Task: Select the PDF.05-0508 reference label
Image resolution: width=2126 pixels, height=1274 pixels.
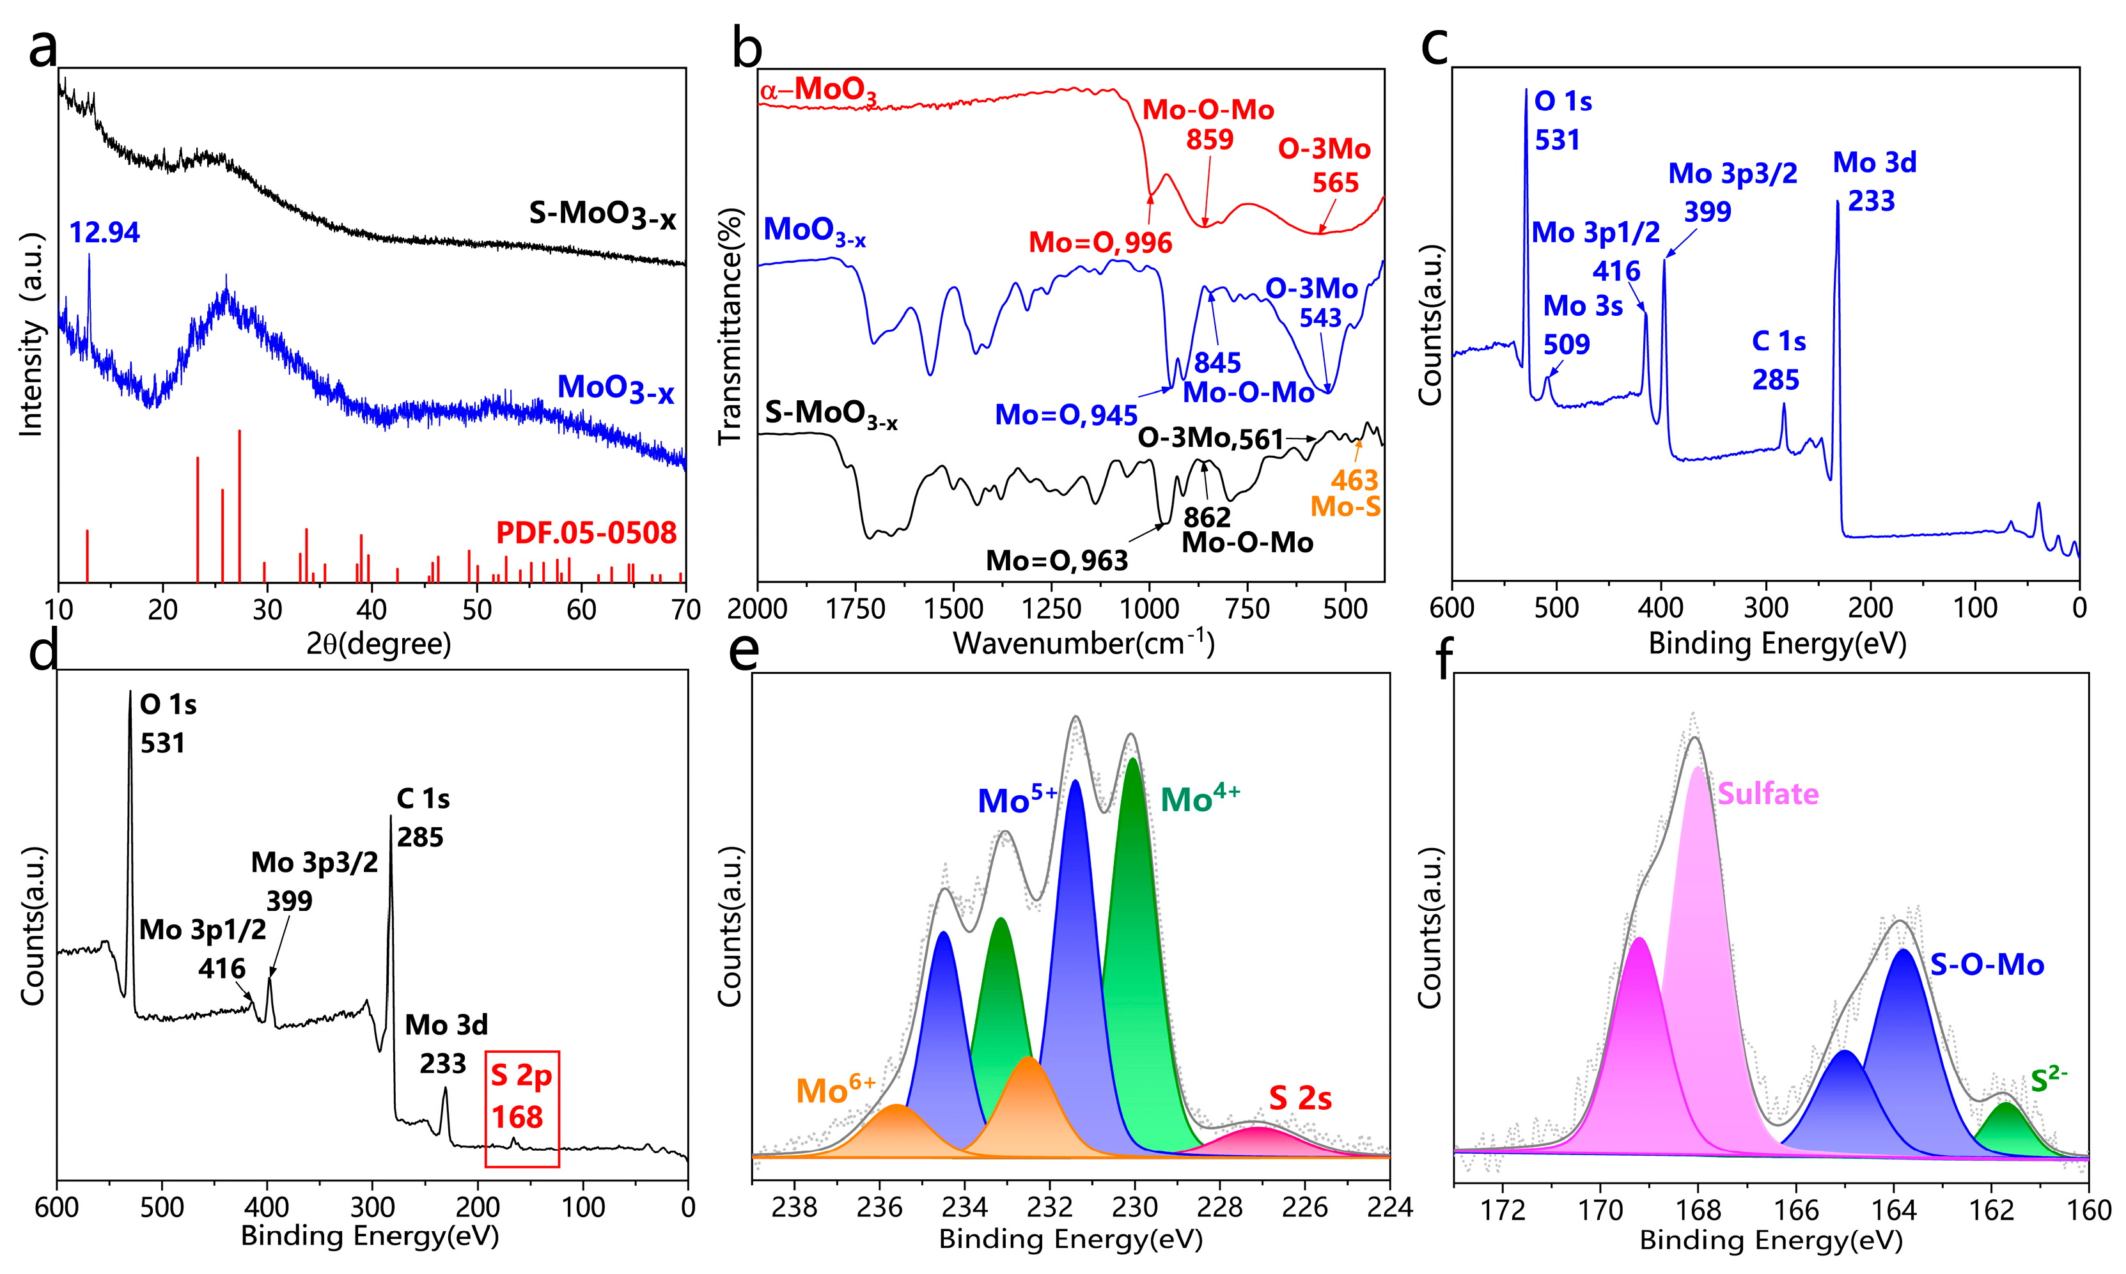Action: [586, 533]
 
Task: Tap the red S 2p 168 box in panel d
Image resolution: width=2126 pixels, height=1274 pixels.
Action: [522, 1108]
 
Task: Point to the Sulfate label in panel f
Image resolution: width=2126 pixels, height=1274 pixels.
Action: [1767, 793]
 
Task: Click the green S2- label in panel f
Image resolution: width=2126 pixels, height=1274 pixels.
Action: [2049, 1079]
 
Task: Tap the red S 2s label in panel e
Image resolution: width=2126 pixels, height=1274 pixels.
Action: [1300, 1098]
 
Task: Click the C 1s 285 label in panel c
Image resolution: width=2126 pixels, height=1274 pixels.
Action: [1778, 361]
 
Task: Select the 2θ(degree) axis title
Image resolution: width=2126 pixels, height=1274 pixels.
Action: [379, 644]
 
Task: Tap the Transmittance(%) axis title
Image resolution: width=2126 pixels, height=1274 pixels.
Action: [730, 325]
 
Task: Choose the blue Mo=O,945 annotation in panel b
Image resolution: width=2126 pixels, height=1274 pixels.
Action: [1066, 415]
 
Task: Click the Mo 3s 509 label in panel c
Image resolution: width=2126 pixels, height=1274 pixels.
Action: [1582, 325]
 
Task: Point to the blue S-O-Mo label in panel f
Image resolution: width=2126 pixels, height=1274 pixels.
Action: [1987, 965]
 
